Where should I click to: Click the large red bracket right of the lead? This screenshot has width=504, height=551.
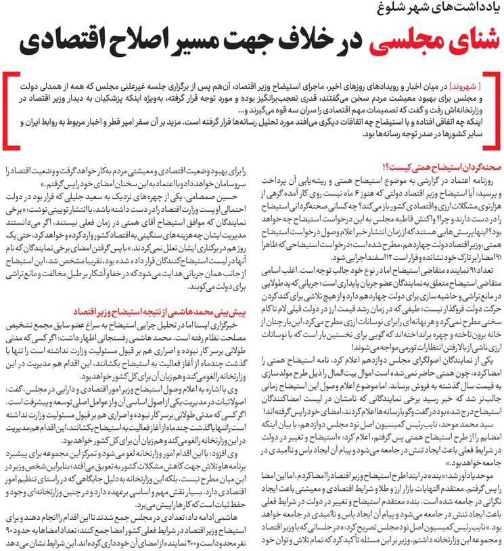tap(496, 108)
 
